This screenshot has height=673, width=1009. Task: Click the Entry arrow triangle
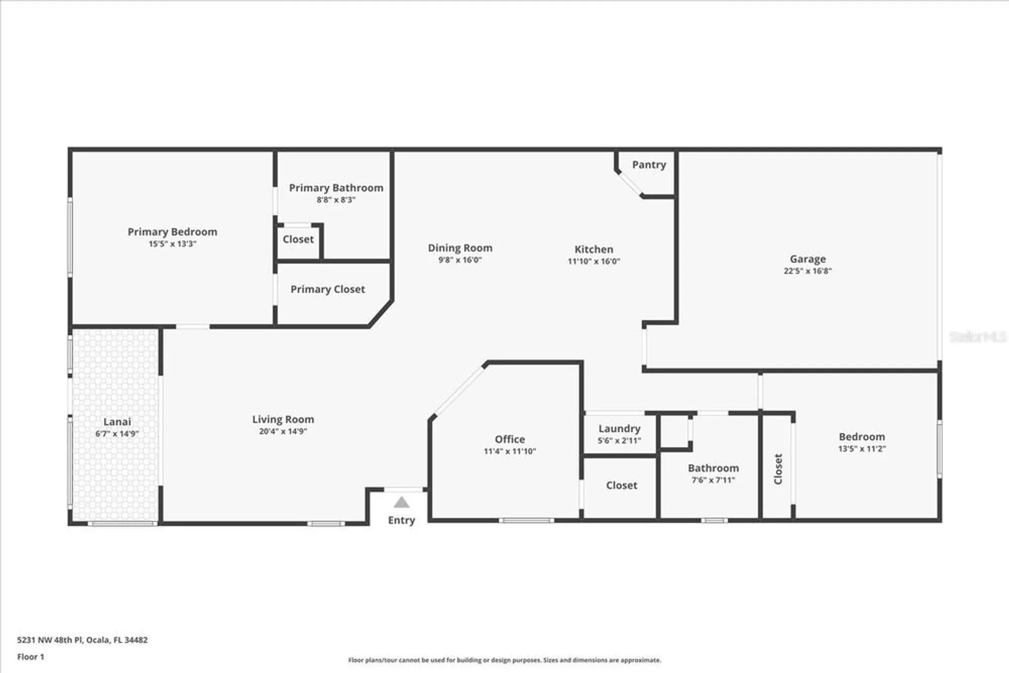[401, 502]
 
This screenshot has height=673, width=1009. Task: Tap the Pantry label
[649, 165]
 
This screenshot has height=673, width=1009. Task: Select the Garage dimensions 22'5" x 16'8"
[807, 271]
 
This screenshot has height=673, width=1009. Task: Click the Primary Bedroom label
[172, 232]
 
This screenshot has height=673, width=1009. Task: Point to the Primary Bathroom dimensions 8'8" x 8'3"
[336, 200]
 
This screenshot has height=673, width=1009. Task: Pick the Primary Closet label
[327, 290]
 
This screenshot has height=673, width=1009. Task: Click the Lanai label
[117, 422]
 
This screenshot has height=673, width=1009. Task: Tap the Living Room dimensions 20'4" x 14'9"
[283, 431]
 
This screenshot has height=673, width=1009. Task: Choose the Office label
[510, 439]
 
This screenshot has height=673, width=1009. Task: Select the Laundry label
[620, 429]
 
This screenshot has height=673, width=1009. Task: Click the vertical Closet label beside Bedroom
[778, 469]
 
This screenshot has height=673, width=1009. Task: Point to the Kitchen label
[594, 250]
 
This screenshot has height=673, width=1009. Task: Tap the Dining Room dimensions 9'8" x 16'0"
[460, 260]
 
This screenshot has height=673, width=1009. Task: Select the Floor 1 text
[31, 657]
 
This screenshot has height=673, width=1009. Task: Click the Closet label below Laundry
[622, 485]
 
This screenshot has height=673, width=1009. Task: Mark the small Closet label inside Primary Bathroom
[298, 240]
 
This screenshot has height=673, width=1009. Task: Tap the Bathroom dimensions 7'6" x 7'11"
[713, 480]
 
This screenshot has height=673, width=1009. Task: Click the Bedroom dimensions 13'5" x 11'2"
[862, 449]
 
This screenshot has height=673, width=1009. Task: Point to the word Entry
[401, 521]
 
